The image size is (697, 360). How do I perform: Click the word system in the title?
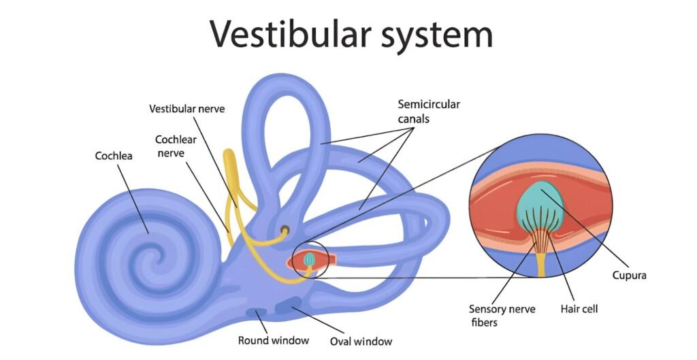pyautogui.click(x=432, y=34)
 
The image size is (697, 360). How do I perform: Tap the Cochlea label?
pyautogui.click(x=114, y=156)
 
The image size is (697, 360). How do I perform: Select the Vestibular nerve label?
pyautogui.click(x=187, y=109)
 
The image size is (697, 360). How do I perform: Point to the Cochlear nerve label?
pyautogui.click(x=175, y=146)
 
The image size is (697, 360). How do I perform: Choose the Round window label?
pyautogui.click(x=274, y=340)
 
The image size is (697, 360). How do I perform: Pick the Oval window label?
pyautogui.click(x=361, y=341)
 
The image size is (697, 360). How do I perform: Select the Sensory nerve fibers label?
pyautogui.click(x=502, y=314)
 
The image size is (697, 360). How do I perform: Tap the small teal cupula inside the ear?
pyautogui.click(x=309, y=259)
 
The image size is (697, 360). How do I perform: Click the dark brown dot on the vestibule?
pyautogui.click(x=285, y=230)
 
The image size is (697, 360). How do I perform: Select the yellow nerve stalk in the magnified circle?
pyautogui.click(x=541, y=262)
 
